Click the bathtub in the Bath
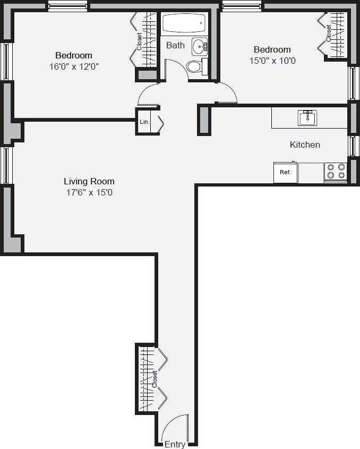(x=183, y=23)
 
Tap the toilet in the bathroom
(x=195, y=66)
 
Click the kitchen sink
(x=307, y=117)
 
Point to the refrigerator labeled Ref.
(x=285, y=173)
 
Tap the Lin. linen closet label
(x=144, y=122)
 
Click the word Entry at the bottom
(x=175, y=444)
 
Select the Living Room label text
(x=89, y=181)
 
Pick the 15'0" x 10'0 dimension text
(x=272, y=61)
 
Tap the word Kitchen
(x=304, y=145)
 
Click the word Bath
(x=175, y=45)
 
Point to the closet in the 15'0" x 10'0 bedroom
(x=335, y=34)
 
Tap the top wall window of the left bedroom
(x=68, y=6)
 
